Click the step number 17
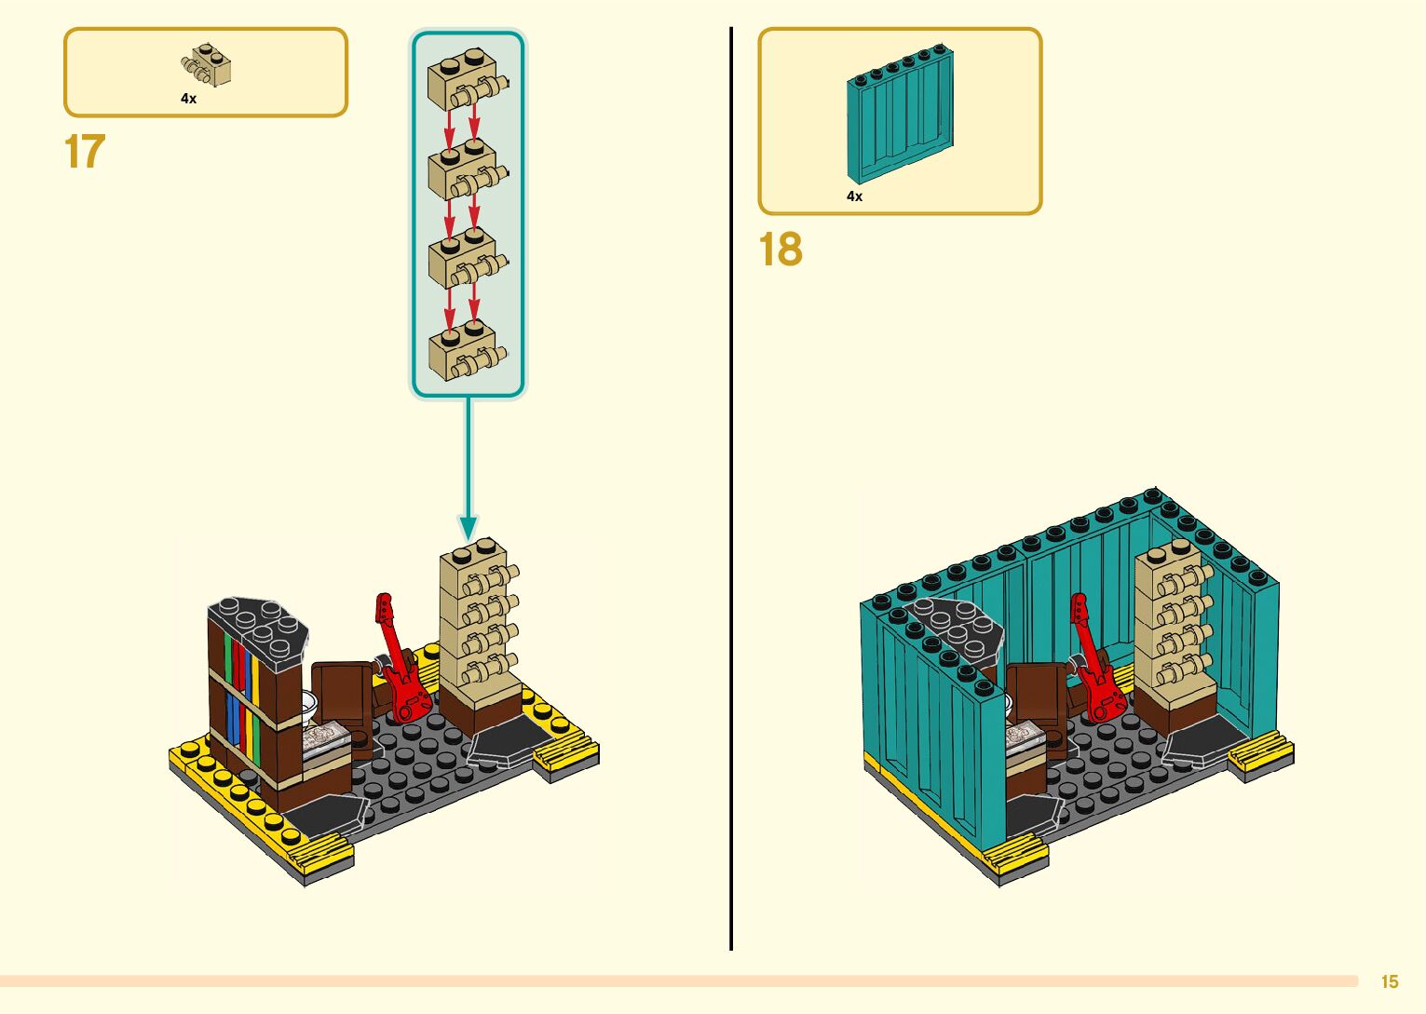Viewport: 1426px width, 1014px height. (x=85, y=152)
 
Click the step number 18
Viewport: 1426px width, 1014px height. (x=780, y=250)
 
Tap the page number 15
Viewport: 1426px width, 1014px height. (x=1389, y=981)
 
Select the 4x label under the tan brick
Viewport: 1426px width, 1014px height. (x=188, y=99)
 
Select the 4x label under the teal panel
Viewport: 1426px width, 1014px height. (x=854, y=196)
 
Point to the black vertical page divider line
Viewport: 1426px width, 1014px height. (x=731, y=484)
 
